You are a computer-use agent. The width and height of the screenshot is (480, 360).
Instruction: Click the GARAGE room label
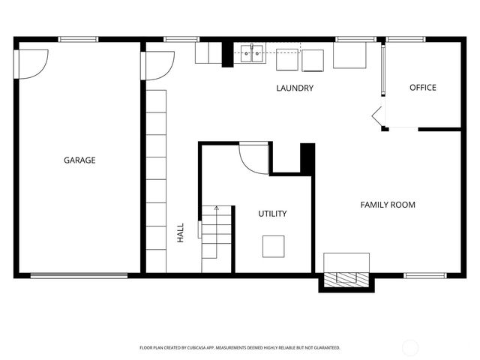(79, 160)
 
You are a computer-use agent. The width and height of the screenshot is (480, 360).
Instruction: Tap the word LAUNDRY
(294, 88)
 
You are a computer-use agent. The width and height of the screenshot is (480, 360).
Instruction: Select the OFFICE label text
(422, 88)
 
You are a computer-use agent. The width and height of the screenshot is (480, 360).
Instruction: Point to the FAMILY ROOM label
(387, 205)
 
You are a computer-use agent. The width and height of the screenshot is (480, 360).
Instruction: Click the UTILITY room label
(272, 214)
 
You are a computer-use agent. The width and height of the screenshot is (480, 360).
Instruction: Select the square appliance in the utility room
(274, 246)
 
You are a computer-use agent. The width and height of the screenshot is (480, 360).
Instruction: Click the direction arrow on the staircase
(216, 207)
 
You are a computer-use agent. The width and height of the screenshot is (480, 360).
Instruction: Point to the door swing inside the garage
(33, 64)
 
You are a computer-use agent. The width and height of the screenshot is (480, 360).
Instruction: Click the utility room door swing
(253, 158)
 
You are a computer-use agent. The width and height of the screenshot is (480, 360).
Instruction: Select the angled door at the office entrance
(377, 116)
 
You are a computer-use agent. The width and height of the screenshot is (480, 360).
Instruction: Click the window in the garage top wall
(78, 39)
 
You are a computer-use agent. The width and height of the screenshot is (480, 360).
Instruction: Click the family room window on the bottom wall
(425, 275)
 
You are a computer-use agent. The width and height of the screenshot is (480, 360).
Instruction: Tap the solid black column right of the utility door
(306, 158)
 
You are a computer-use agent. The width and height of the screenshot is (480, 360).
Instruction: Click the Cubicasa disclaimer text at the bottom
(240, 347)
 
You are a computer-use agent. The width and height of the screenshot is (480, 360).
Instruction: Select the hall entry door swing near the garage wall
(160, 65)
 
